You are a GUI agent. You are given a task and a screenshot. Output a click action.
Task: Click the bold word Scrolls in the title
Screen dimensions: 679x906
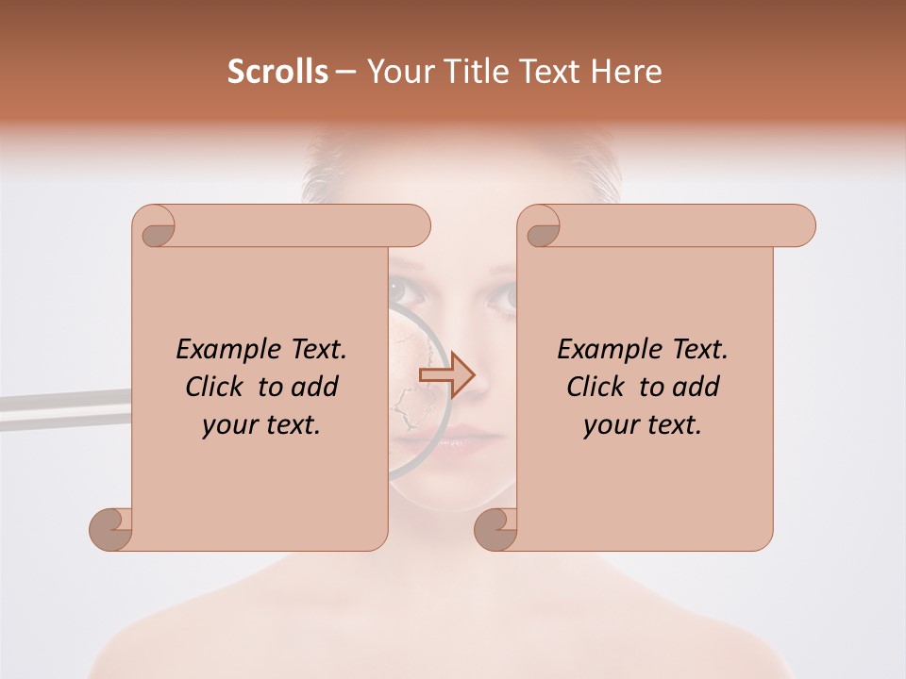click(x=277, y=72)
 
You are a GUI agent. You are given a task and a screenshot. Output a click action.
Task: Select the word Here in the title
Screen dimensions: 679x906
click(x=627, y=72)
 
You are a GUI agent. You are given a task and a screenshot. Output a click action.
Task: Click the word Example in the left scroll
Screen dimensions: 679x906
click(x=221, y=349)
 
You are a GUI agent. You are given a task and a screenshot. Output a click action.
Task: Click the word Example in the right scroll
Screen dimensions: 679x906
click(x=602, y=349)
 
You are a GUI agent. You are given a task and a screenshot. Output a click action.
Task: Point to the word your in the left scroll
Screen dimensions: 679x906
click(x=227, y=425)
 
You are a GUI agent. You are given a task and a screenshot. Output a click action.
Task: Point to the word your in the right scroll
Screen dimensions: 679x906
click(x=609, y=425)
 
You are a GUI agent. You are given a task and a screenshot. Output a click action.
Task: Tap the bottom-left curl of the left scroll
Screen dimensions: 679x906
click(x=111, y=529)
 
